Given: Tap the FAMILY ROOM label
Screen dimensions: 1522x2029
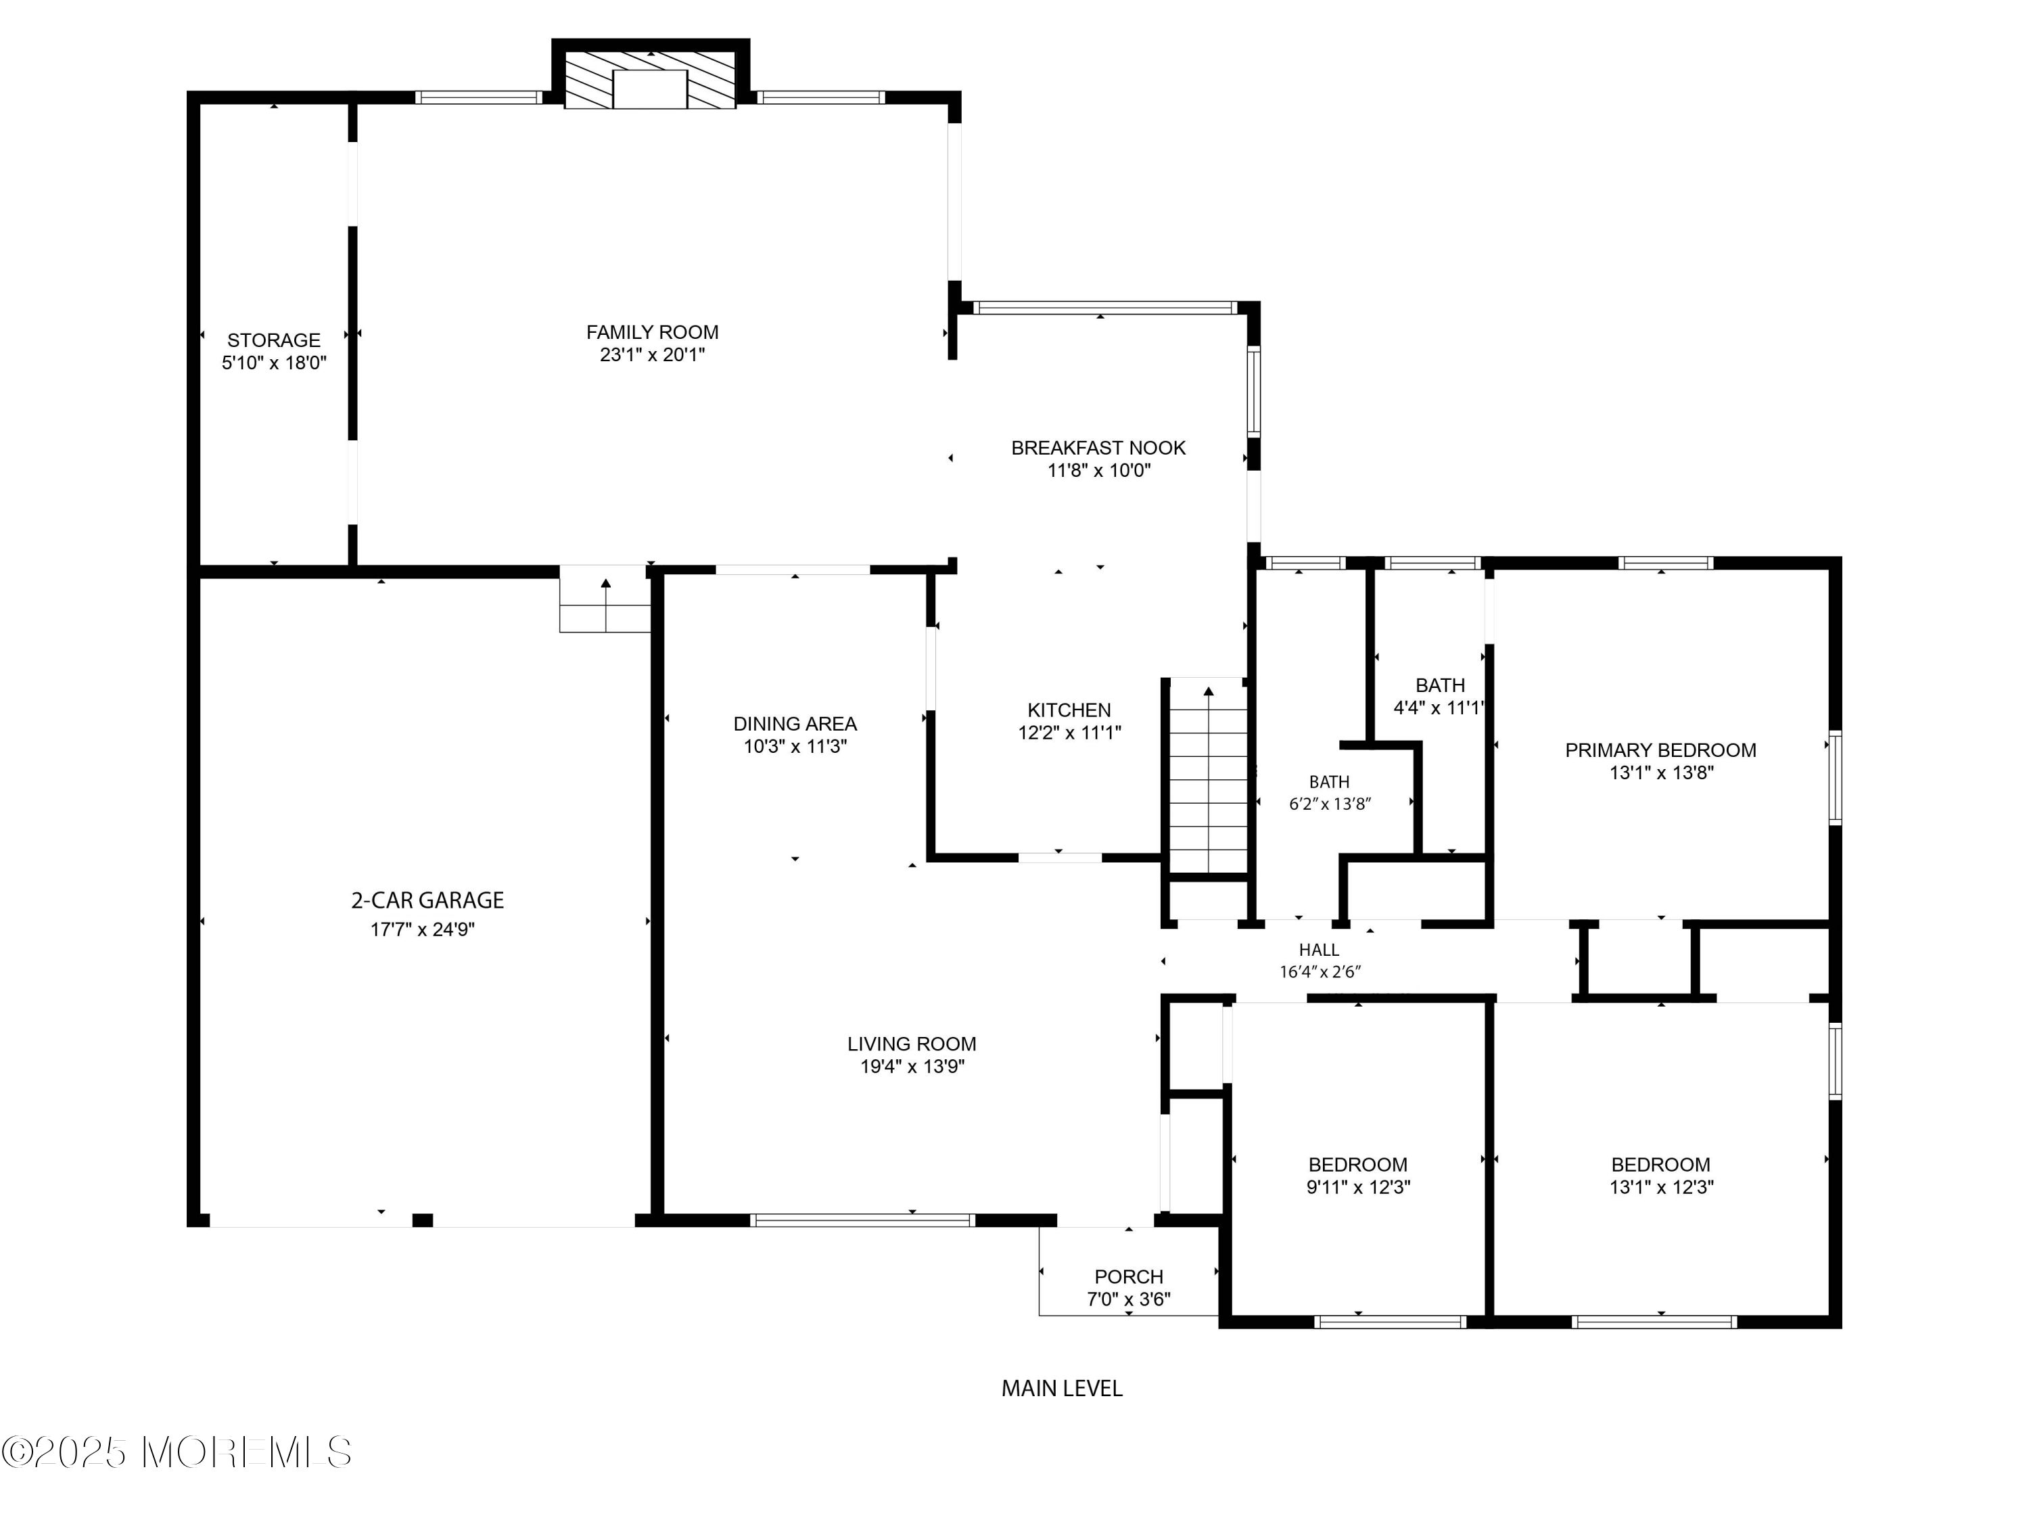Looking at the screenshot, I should click(x=652, y=332).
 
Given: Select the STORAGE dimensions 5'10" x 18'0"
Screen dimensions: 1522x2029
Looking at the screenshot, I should click(x=273, y=363).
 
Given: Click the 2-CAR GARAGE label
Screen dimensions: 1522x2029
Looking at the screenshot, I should click(x=427, y=900).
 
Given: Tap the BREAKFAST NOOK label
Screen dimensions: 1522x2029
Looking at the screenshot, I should click(x=1098, y=448).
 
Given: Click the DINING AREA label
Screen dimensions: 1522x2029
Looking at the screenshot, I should click(x=795, y=724).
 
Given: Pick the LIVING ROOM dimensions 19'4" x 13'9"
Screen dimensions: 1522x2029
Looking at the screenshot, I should click(x=912, y=1066).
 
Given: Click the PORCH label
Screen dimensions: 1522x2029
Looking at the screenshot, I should click(x=1128, y=1276).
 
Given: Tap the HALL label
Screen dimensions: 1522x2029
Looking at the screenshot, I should click(x=1318, y=950).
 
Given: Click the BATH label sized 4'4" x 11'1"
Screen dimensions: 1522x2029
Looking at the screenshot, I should click(x=1439, y=685).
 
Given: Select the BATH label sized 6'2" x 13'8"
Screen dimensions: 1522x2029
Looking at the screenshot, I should click(x=1328, y=782).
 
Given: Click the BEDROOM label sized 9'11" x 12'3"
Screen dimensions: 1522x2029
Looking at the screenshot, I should click(x=1357, y=1164).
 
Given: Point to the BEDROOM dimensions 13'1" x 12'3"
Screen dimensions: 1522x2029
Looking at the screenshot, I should click(x=1660, y=1187).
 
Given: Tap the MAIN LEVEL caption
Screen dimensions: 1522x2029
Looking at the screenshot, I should click(x=1061, y=1388).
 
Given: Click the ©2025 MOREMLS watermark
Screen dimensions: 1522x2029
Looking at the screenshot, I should click(x=176, y=1452).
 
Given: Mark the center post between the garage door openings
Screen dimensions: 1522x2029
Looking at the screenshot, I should click(x=422, y=1220).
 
